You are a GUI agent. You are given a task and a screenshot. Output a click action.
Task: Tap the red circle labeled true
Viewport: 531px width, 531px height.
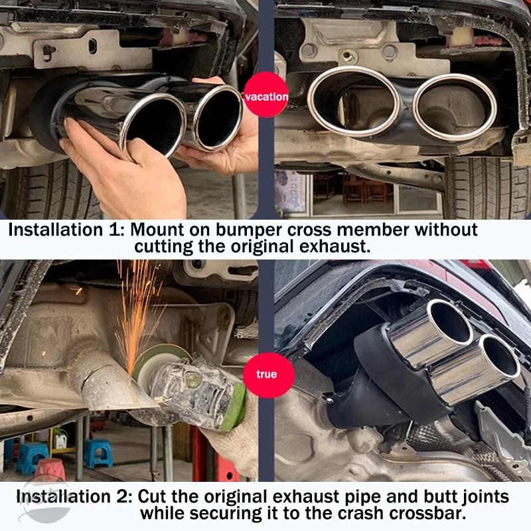click(267, 375)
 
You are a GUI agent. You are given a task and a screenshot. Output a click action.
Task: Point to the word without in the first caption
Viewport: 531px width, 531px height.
click(446, 230)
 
